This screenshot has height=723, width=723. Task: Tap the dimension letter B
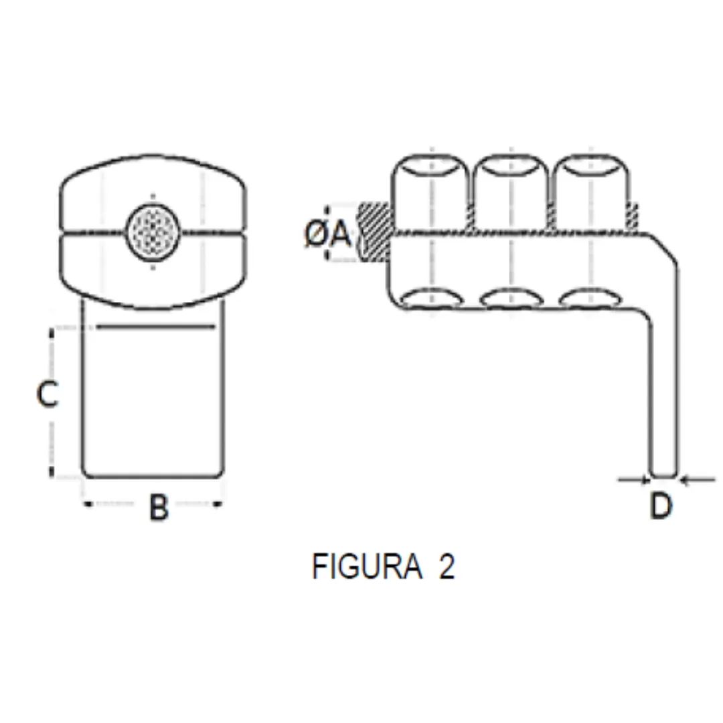[158, 507]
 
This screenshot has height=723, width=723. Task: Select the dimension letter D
[661, 506]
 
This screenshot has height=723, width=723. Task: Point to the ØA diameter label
[328, 234]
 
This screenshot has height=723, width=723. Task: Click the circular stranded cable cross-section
[153, 228]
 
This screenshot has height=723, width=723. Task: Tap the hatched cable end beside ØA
[374, 232]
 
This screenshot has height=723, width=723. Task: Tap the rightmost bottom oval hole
[590, 299]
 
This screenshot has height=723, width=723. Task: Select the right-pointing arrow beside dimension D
[633, 479]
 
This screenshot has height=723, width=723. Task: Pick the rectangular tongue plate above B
[153, 402]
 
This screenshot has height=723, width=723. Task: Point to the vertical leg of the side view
[664, 388]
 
